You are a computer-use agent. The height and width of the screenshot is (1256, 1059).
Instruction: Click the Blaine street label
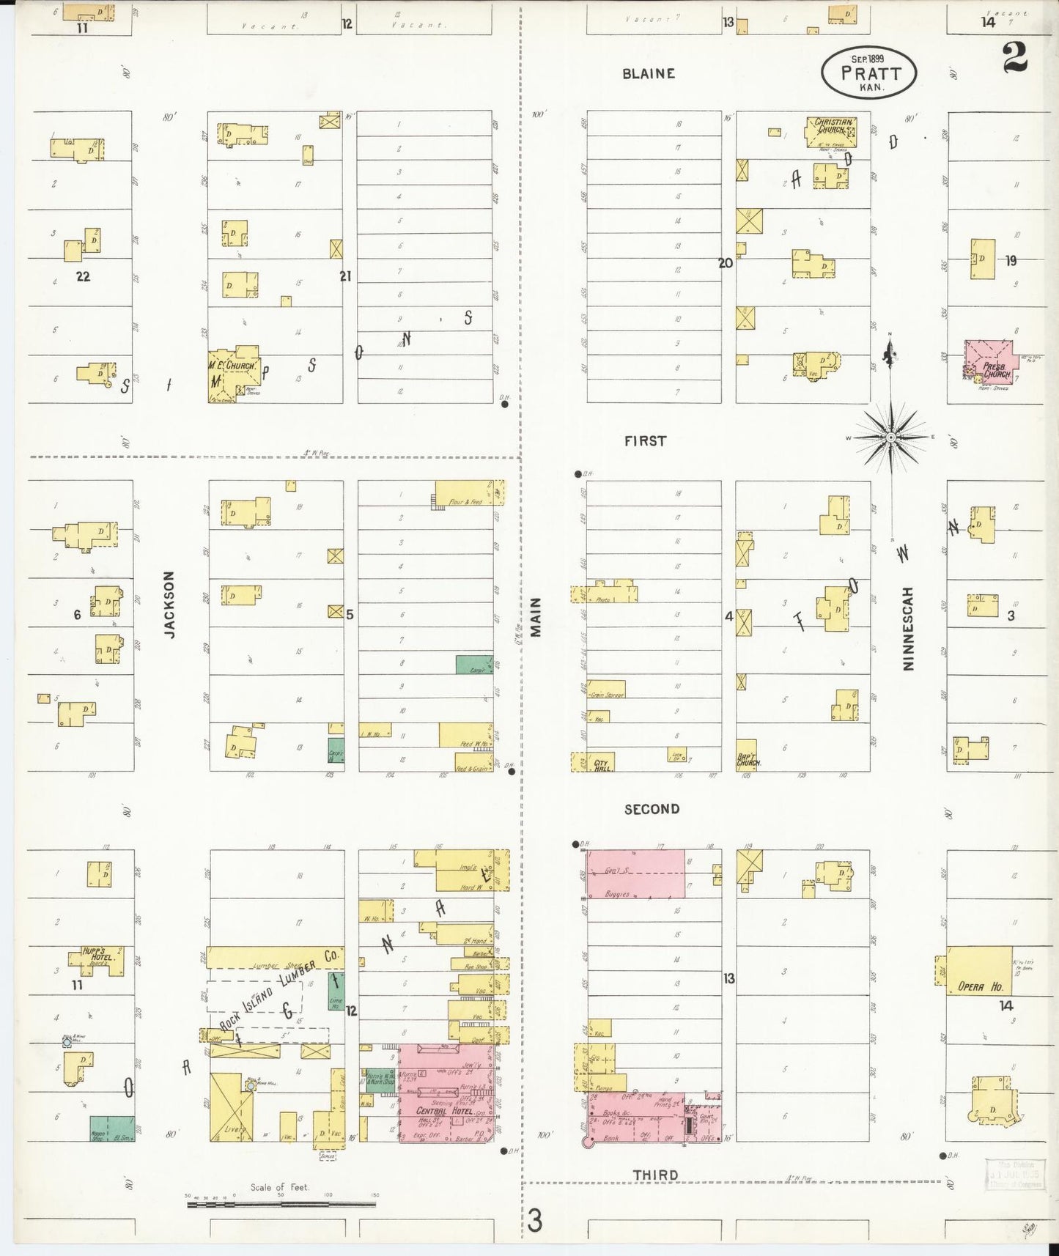[649, 73]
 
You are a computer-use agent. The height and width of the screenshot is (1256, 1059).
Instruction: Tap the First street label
[646, 440]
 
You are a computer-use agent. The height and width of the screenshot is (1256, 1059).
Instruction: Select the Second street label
[652, 809]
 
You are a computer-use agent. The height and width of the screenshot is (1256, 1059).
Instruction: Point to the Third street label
[655, 1175]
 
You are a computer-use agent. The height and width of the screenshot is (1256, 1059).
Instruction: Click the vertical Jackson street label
[170, 605]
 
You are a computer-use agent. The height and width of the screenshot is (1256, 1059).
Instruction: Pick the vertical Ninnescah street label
[909, 628]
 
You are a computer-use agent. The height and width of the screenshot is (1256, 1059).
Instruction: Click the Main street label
[536, 616]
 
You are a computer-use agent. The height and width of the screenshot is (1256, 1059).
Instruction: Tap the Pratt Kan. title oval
[869, 73]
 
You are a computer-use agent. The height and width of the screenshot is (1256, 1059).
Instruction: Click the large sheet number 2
[1014, 57]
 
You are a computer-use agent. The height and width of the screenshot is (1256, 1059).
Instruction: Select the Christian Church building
[830, 132]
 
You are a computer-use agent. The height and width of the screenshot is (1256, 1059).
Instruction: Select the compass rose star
[890, 437]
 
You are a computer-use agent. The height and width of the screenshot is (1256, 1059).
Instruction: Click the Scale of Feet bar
[281, 1203]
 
